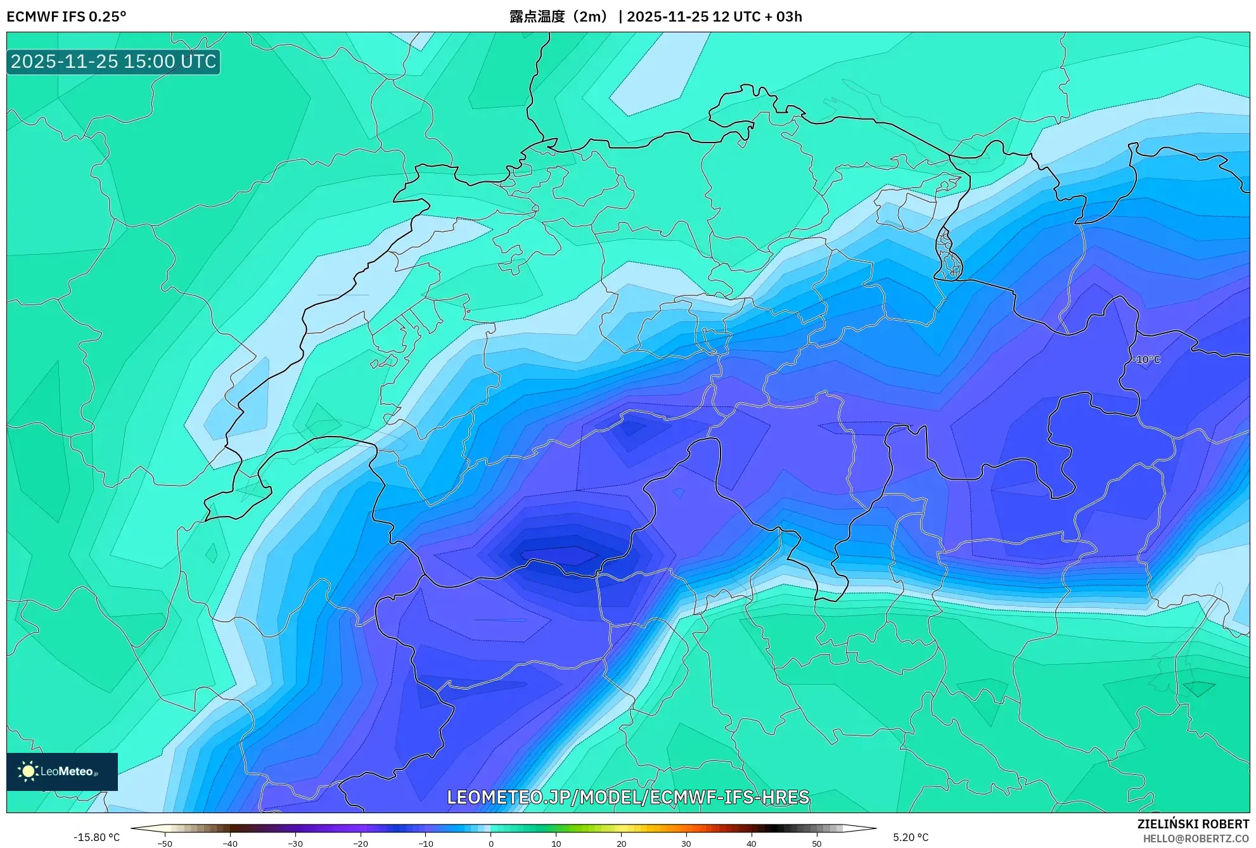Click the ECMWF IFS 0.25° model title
[x=67, y=16]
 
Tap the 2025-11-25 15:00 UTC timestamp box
[x=113, y=61]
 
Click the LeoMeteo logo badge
[x=62, y=771]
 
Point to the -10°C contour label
[x=1147, y=359]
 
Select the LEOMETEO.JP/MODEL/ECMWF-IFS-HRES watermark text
[x=628, y=797]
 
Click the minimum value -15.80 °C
[x=96, y=837]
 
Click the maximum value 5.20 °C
[x=911, y=837]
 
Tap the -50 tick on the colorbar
[x=165, y=844]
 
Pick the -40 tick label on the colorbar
[x=230, y=844]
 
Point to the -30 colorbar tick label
[x=295, y=844]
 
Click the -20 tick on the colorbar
[x=361, y=844]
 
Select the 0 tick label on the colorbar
[x=491, y=844]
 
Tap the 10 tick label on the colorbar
[x=556, y=844]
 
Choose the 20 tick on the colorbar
[x=621, y=844]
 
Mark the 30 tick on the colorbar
[x=686, y=844]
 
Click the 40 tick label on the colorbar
[x=752, y=844]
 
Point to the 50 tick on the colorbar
[x=817, y=844]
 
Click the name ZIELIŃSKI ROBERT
[x=1193, y=824]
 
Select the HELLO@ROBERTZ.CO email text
[x=1196, y=838]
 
